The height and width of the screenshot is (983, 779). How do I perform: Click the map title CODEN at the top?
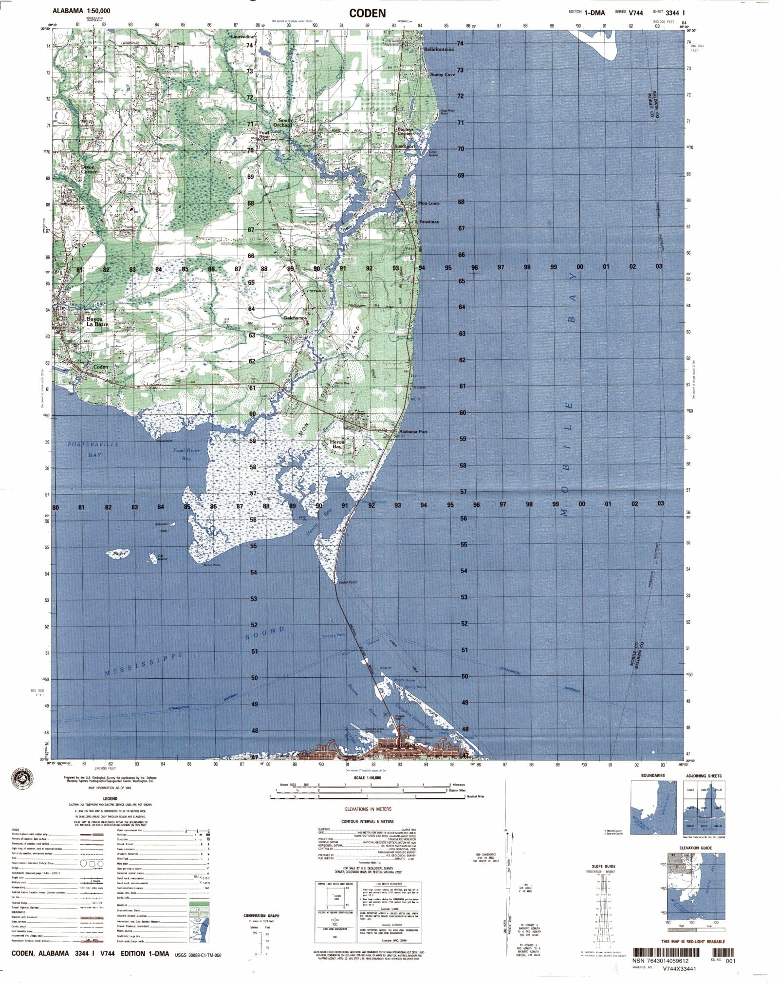(x=368, y=13)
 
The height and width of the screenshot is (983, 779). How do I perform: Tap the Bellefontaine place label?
(x=438, y=50)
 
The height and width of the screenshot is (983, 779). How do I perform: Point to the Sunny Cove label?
(x=442, y=75)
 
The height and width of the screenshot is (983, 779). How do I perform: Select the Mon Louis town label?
(x=428, y=204)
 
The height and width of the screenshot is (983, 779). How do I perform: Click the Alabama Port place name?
(x=413, y=431)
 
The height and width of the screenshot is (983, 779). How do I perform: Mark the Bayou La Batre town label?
(x=97, y=322)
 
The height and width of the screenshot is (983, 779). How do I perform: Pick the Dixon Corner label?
(x=88, y=169)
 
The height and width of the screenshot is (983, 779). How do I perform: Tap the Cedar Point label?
(x=347, y=582)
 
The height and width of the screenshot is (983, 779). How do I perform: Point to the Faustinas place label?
(x=429, y=222)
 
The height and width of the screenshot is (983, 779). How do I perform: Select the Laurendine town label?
(x=242, y=37)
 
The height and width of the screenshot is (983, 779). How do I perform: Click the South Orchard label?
(x=283, y=123)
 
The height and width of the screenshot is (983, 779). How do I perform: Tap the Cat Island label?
(x=162, y=557)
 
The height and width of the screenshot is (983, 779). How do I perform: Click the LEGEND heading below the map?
(x=110, y=798)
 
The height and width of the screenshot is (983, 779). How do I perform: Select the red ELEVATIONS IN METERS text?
(x=368, y=809)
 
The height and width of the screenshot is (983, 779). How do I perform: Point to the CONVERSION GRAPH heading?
(x=261, y=916)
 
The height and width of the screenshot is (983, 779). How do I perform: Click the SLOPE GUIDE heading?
(x=604, y=866)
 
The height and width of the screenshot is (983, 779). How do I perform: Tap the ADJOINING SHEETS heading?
(x=704, y=776)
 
